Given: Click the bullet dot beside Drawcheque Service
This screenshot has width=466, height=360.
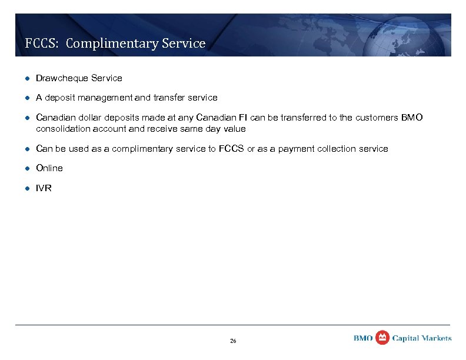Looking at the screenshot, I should [26, 78].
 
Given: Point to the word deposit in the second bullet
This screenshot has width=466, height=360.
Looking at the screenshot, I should [61, 98].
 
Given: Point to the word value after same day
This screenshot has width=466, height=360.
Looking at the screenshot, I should [234, 129].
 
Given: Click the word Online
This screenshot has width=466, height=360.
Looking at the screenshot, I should [49, 168].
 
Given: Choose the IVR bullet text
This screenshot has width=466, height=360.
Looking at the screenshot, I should [44, 188].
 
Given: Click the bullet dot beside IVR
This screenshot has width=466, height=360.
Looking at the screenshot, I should [26, 188].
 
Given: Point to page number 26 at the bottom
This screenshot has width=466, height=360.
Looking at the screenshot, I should [233, 341].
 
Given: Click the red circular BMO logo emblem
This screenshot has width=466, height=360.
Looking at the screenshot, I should [382, 338].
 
